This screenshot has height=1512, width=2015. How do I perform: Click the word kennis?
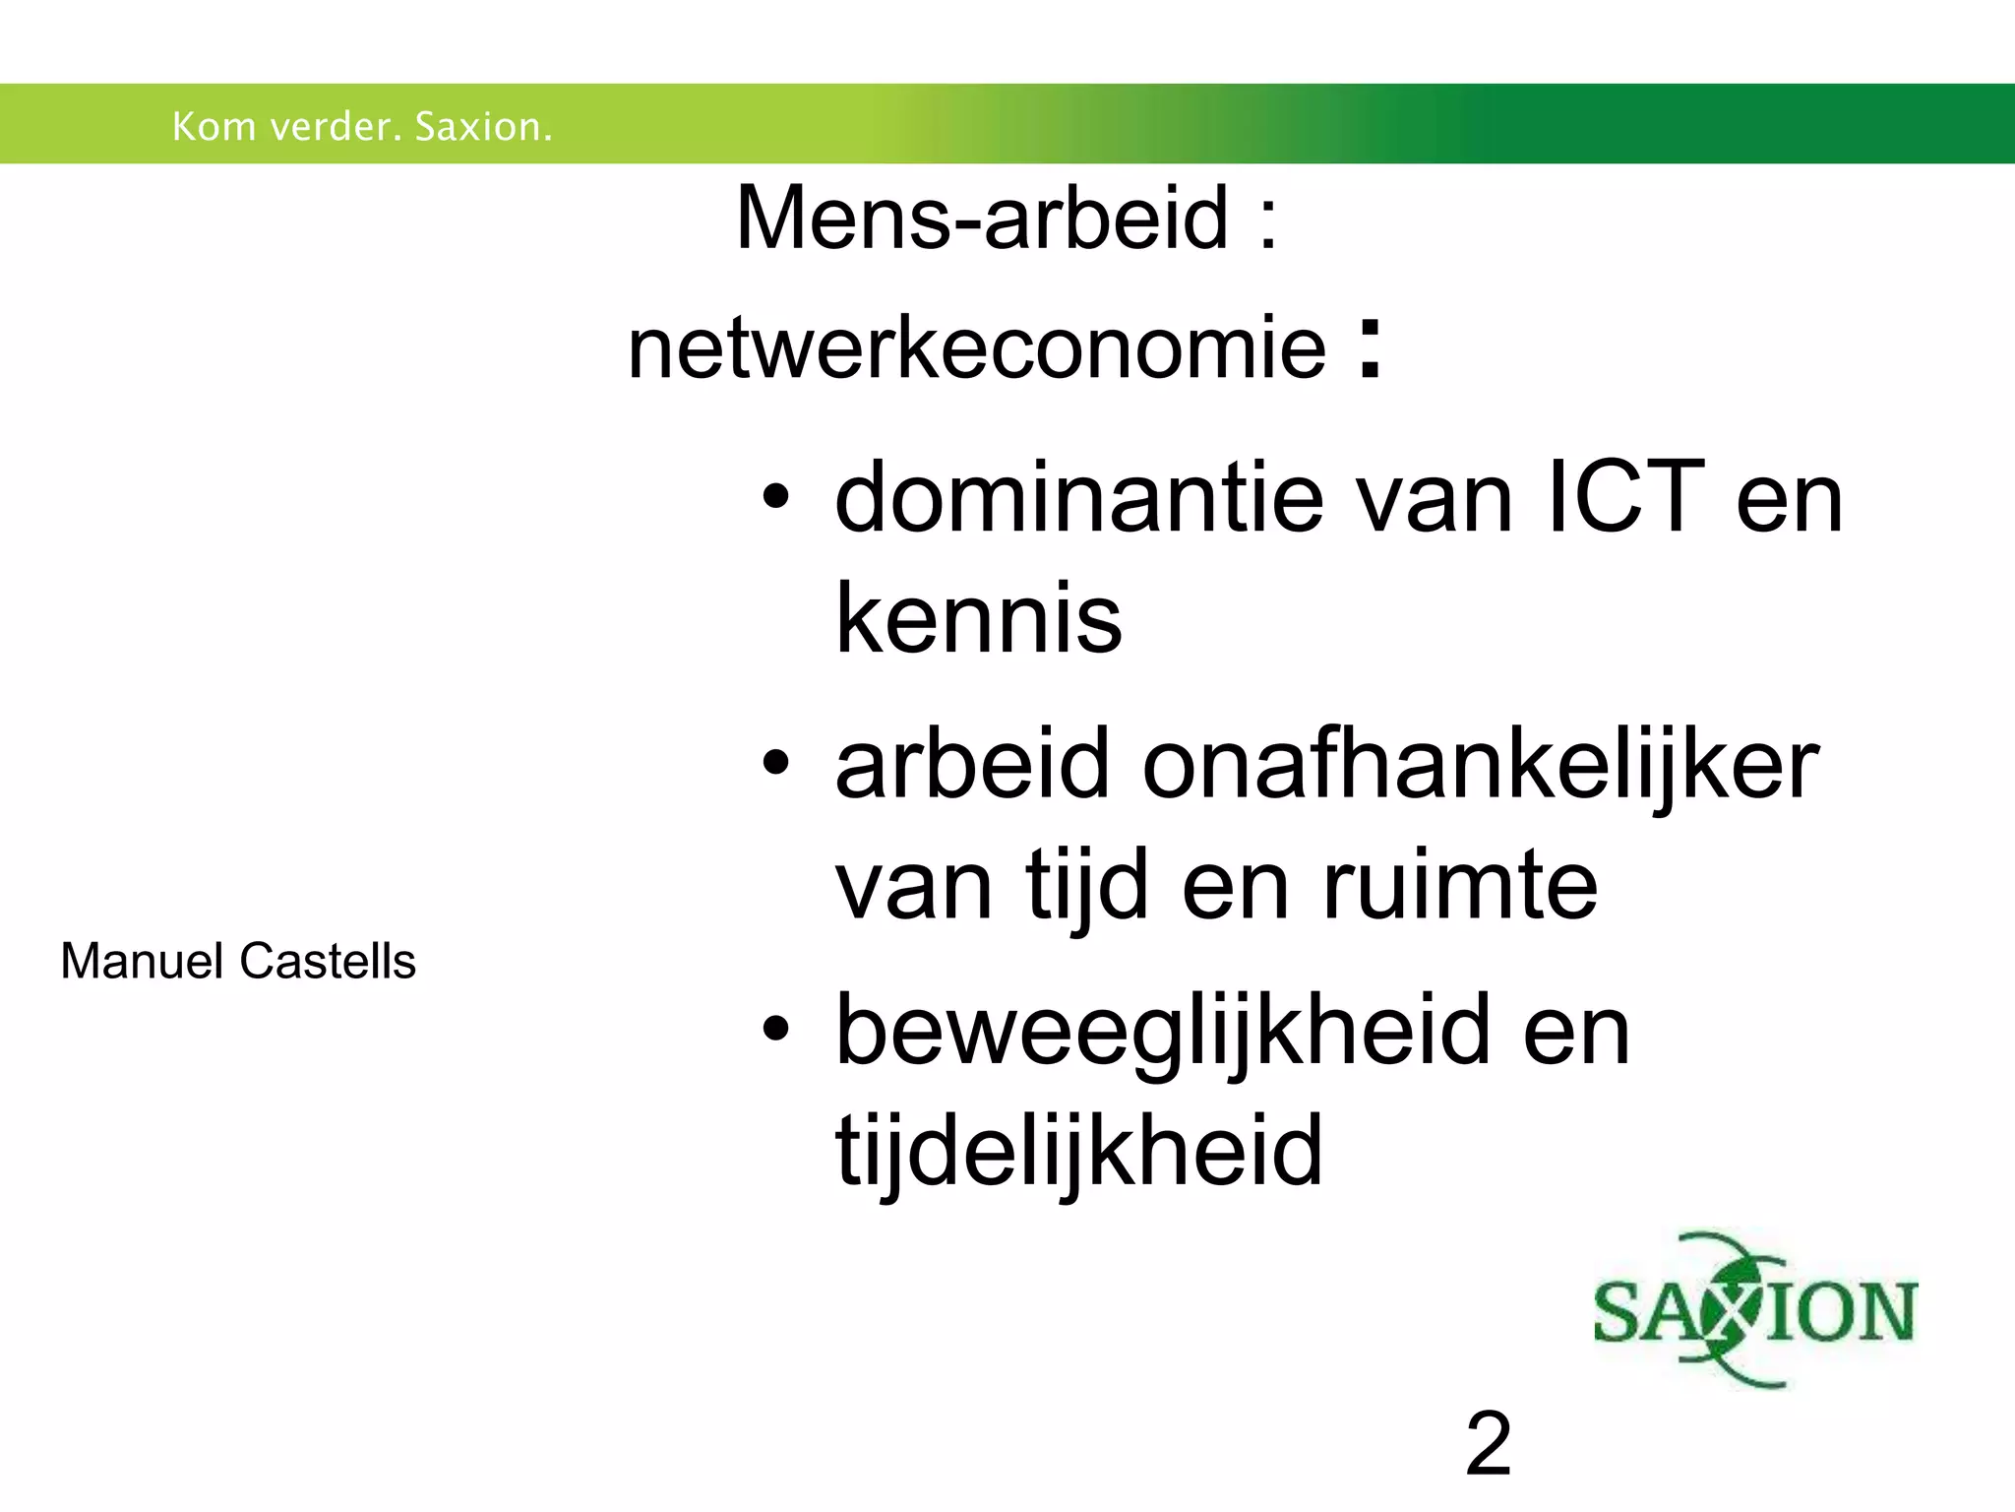(978, 619)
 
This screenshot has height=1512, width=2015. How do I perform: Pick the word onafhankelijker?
(1481, 765)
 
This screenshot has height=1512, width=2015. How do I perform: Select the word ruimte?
(1460, 886)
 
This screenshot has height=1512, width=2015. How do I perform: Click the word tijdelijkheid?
(1078, 1150)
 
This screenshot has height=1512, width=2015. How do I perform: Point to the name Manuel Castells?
(238, 961)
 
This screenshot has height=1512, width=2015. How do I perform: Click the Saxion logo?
(1754, 1310)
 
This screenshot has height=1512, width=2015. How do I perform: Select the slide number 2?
(1488, 1444)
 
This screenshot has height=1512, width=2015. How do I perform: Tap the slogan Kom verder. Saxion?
(362, 127)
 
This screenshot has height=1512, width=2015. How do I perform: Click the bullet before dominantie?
(775, 498)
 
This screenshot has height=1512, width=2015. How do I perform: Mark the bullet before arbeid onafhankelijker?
(775, 764)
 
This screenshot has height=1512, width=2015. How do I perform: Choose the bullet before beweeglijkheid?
(775, 1030)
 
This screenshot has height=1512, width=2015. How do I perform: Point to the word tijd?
(1087, 886)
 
